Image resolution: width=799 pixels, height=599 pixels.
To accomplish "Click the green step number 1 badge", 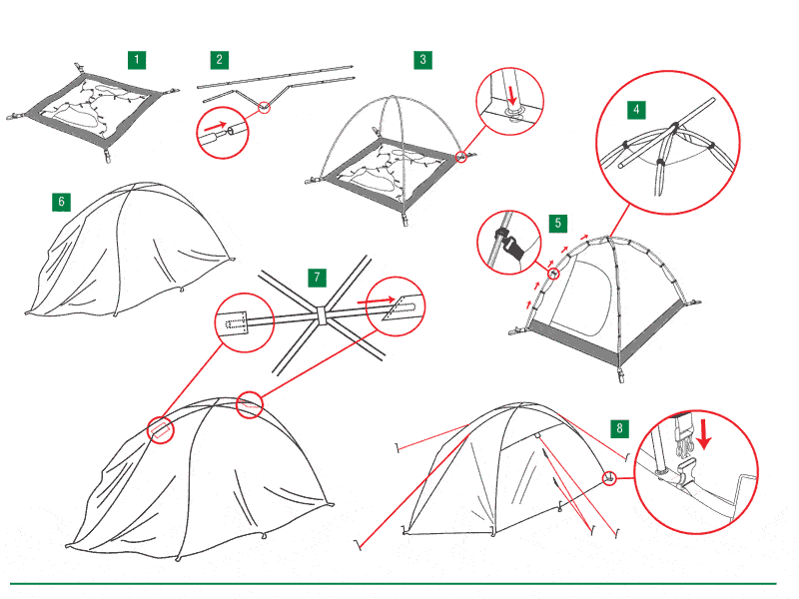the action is click(x=137, y=60).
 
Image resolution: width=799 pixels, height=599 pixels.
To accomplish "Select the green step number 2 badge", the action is click(x=219, y=60).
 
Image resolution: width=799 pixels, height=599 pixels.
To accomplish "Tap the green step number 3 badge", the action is click(x=422, y=60).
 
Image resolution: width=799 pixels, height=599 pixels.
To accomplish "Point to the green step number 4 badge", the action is click(x=636, y=110).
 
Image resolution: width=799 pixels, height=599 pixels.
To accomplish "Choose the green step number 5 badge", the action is click(x=558, y=223).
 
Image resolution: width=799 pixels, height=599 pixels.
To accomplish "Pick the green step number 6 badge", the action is click(x=61, y=202).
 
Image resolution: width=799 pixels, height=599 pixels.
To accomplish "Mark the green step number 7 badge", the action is click(x=317, y=278).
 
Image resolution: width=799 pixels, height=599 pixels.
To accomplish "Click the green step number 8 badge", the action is click(x=619, y=428).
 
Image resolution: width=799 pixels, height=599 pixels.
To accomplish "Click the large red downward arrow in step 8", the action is click(x=704, y=435).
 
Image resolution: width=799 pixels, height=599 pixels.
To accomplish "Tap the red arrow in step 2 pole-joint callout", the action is click(x=217, y=126).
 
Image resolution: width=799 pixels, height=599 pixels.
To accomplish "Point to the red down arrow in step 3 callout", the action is click(x=512, y=95).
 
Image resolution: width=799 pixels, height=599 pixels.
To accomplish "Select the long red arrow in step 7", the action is click(x=377, y=300).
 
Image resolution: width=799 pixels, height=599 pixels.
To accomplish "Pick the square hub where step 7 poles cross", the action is click(x=322, y=315).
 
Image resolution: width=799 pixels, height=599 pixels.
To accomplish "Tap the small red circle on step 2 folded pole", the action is click(x=264, y=107).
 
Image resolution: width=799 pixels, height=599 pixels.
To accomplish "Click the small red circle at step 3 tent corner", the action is click(x=460, y=157).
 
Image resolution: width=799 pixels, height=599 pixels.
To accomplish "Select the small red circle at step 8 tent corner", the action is click(x=609, y=478).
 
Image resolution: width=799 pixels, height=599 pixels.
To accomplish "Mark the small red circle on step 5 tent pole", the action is click(x=553, y=274).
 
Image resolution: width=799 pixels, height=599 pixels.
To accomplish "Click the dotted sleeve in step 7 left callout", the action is click(x=236, y=322).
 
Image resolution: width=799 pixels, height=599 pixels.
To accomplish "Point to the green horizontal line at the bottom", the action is click(x=393, y=584).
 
